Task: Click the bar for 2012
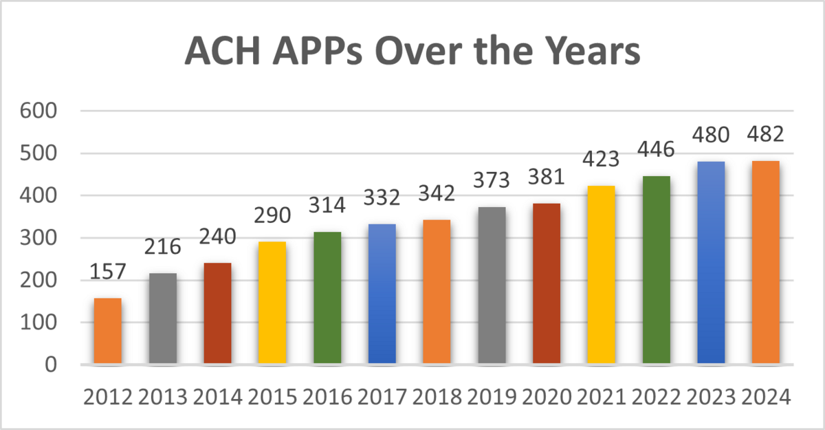click(108, 331)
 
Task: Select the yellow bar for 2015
click(272, 303)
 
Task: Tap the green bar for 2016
click(327, 298)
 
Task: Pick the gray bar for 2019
click(492, 286)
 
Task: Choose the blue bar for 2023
click(711, 263)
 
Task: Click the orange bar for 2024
click(766, 262)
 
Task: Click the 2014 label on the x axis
click(217, 398)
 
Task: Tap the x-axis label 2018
click(437, 398)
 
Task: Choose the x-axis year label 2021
click(602, 398)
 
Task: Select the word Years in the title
click(588, 53)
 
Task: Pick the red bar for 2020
click(547, 284)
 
